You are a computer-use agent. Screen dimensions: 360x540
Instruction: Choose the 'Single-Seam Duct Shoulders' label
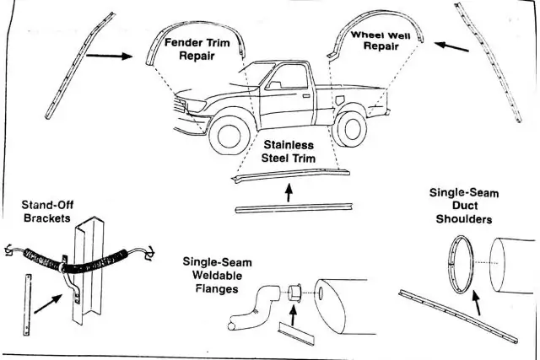tap(464, 206)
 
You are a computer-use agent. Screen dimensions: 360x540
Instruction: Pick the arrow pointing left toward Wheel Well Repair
tap(454, 48)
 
